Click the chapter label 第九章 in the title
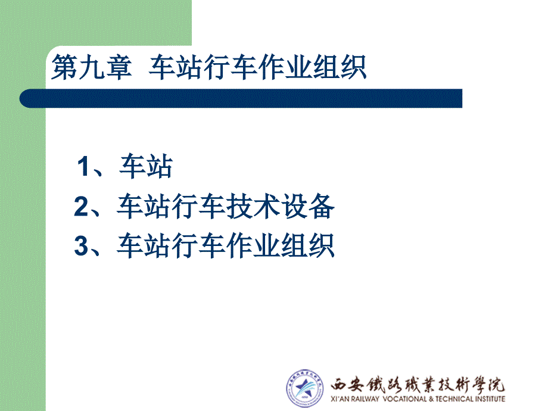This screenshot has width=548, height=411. [92, 67]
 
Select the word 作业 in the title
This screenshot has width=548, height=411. [285, 67]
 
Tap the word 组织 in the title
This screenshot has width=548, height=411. [340, 67]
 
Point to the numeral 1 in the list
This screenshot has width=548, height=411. [83, 166]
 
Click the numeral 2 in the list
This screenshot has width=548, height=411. [81, 206]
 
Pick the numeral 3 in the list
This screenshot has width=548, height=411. [81, 245]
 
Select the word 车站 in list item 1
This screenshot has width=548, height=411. [146, 166]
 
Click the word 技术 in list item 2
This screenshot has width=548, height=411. [253, 206]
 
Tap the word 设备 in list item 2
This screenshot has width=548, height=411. [308, 206]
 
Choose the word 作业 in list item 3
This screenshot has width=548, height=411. [253, 245]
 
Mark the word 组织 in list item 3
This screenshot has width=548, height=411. [308, 245]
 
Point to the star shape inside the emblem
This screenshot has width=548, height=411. [303, 388]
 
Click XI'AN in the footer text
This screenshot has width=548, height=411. [340, 398]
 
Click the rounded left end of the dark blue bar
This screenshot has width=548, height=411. [24, 98]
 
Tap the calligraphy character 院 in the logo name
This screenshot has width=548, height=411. [497, 385]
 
